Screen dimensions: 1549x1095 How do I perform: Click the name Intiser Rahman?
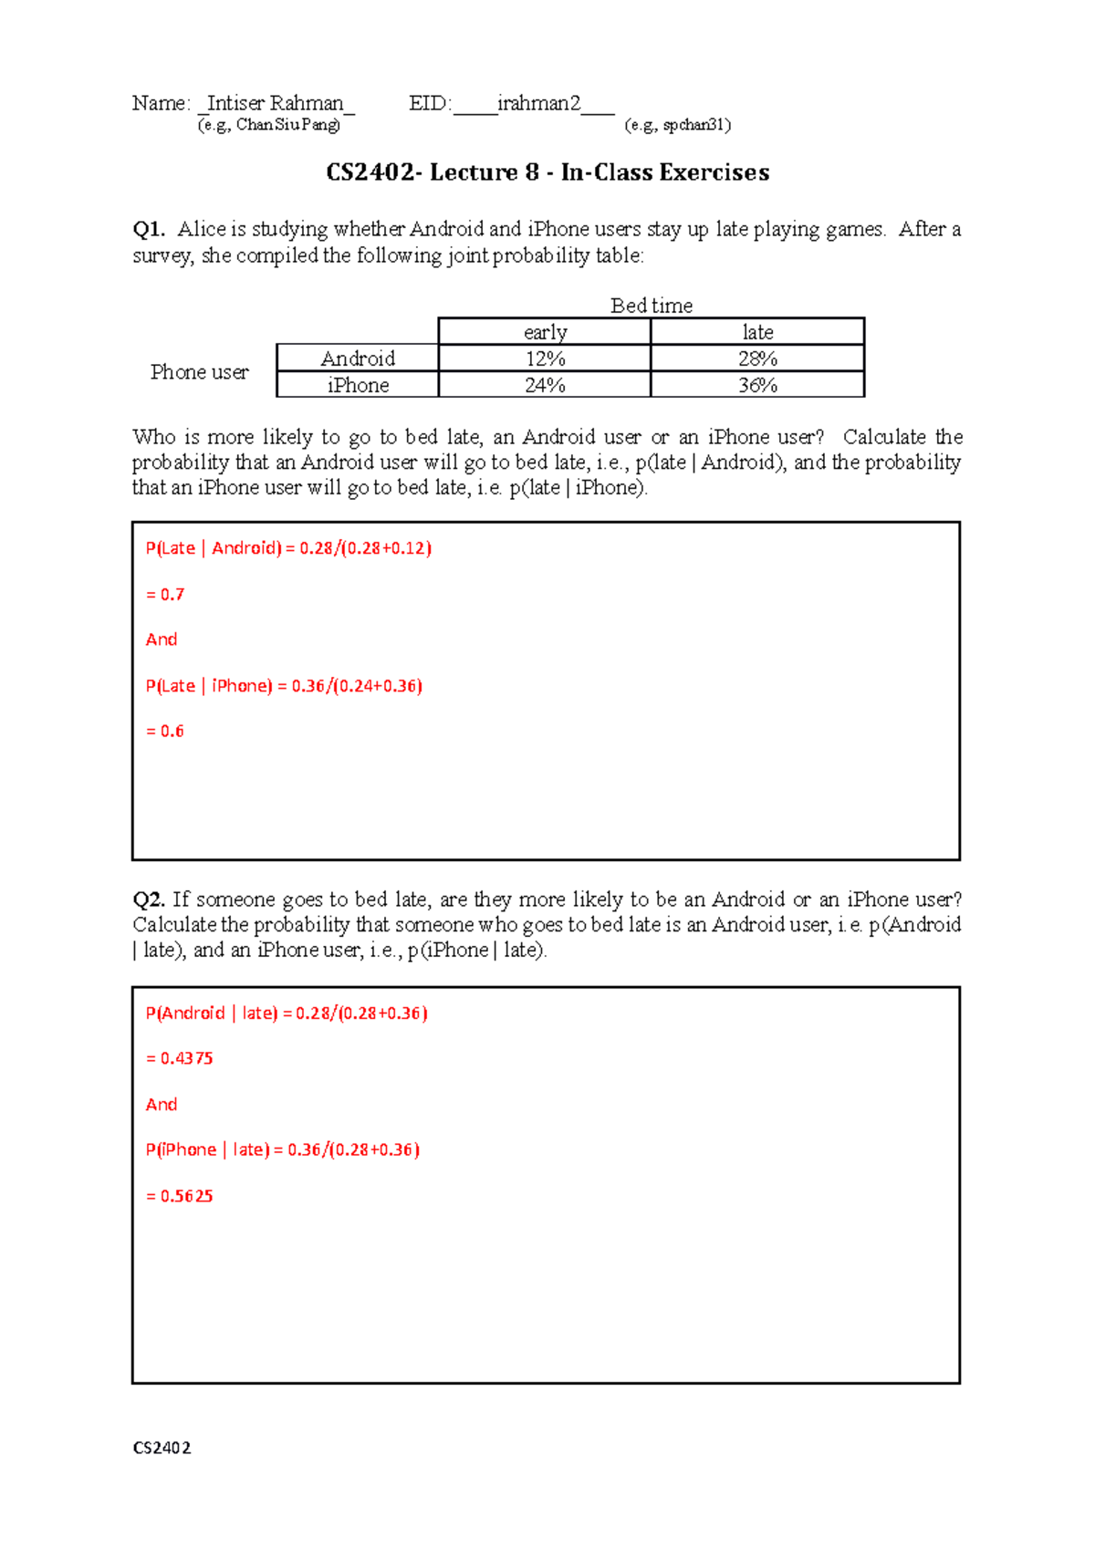coord(275,103)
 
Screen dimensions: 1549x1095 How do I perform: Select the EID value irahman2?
coord(538,103)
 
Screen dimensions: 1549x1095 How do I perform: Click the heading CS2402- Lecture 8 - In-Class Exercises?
coord(547,172)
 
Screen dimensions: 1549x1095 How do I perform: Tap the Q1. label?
coord(148,229)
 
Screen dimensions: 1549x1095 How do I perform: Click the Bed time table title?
coord(652,306)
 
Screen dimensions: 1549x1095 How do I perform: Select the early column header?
coord(545,332)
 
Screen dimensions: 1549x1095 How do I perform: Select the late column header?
coord(757,332)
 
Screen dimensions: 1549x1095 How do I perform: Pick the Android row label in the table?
coord(358,359)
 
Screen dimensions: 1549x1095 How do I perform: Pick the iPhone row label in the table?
coord(358,385)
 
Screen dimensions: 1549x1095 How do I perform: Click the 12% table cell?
coord(545,359)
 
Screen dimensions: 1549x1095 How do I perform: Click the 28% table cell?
coord(757,359)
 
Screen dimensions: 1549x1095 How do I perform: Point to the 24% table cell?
coord(545,385)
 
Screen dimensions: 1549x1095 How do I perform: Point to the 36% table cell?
coord(757,385)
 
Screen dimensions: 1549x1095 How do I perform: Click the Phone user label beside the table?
coord(199,372)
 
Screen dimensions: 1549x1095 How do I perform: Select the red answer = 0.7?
coord(165,595)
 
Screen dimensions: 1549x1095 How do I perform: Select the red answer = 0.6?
coord(165,732)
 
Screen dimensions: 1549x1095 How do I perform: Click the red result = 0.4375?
coord(180,1059)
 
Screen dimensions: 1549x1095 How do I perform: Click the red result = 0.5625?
coord(180,1196)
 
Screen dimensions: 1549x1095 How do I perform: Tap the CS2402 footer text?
coord(162,1448)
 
